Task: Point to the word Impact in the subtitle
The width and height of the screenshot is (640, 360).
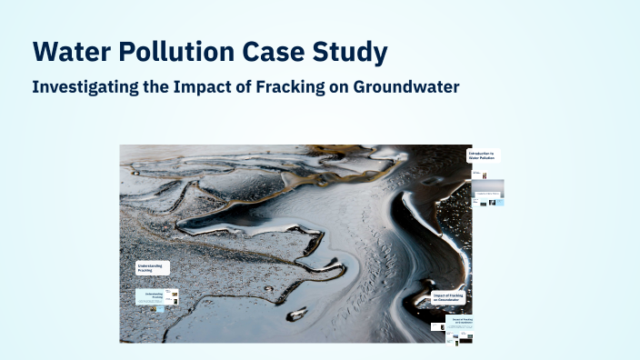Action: point(200,87)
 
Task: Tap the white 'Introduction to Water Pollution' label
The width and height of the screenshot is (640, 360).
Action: point(483,156)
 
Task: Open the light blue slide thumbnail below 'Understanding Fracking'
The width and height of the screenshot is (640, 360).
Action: point(156,297)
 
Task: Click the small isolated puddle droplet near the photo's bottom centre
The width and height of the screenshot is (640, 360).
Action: point(296,315)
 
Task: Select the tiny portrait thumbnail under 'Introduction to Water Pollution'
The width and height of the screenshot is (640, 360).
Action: point(485,175)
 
